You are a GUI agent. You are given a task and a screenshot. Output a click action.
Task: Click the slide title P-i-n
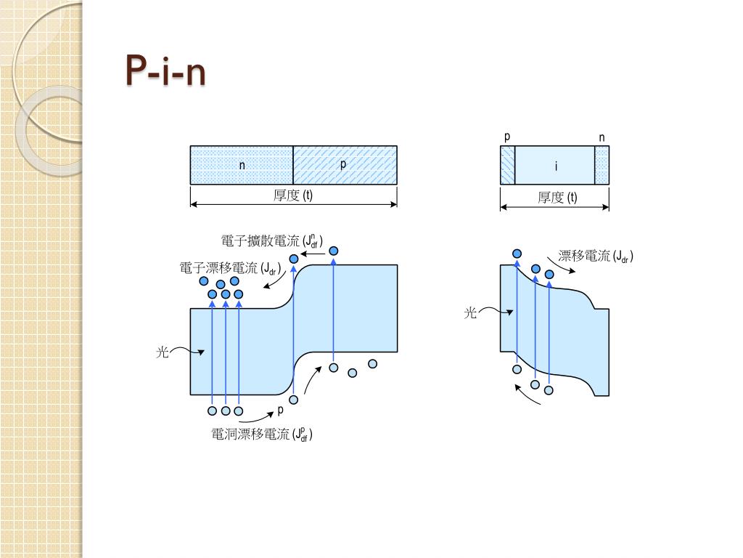pos(165,71)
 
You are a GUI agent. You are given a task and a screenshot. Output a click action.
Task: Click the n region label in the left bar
pos(242,166)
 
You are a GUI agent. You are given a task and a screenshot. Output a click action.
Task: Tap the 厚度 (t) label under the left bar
pos(293,195)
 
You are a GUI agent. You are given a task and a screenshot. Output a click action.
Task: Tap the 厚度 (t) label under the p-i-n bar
pos(557,197)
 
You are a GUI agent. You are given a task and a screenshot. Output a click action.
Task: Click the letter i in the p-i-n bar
pos(556,166)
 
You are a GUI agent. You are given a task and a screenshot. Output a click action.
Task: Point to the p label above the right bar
pos(507,137)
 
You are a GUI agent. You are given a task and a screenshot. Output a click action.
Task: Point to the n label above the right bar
pos(602,138)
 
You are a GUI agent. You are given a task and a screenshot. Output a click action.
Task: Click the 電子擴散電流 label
pos(272,241)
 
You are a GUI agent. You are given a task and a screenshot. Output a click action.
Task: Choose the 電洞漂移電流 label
pos(262,434)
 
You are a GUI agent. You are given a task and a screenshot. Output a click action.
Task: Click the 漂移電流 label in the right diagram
pos(596,256)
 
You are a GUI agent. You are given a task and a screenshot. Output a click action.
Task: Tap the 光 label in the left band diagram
pos(163,352)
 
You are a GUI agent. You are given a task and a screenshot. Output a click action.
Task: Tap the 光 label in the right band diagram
pos(471,313)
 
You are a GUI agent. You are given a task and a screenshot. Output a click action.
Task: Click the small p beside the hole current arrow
pos(281,411)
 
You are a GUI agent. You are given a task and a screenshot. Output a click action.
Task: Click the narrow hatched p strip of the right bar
pos(507,165)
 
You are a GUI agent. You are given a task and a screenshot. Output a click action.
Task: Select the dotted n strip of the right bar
pos(602,165)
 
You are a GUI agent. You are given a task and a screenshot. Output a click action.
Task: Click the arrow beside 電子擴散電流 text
pos(313,255)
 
